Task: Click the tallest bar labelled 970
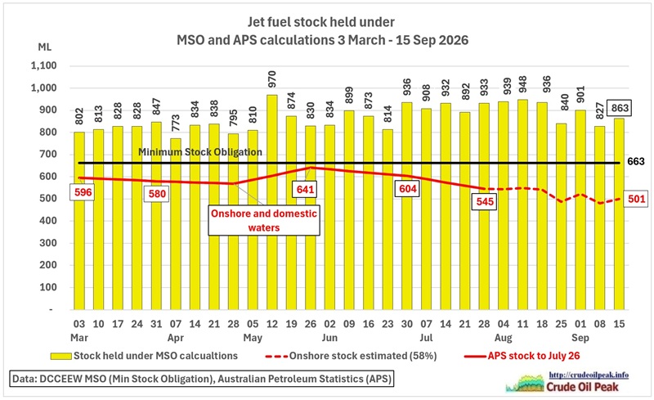pos(271,202)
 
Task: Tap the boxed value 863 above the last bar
pos(620,108)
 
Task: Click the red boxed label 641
pos(305,189)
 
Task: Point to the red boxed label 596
pos(83,192)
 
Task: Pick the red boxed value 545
pos(485,202)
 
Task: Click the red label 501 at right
pos(636,199)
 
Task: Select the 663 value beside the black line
pos(636,162)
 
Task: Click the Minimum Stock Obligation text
pos(200,152)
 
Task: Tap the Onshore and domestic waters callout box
pos(264,221)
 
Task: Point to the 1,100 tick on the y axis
pos(43,66)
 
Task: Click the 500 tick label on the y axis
pos(48,199)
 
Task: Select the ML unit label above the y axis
pos(45,47)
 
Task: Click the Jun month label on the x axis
pos(329,338)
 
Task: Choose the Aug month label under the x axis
pos(504,338)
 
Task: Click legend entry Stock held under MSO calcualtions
pos(144,356)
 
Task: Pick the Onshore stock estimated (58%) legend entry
pos(351,356)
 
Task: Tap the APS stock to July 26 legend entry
pos(522,356)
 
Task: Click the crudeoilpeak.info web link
pos(589,375)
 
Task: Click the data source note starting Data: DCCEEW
pos(201,379)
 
